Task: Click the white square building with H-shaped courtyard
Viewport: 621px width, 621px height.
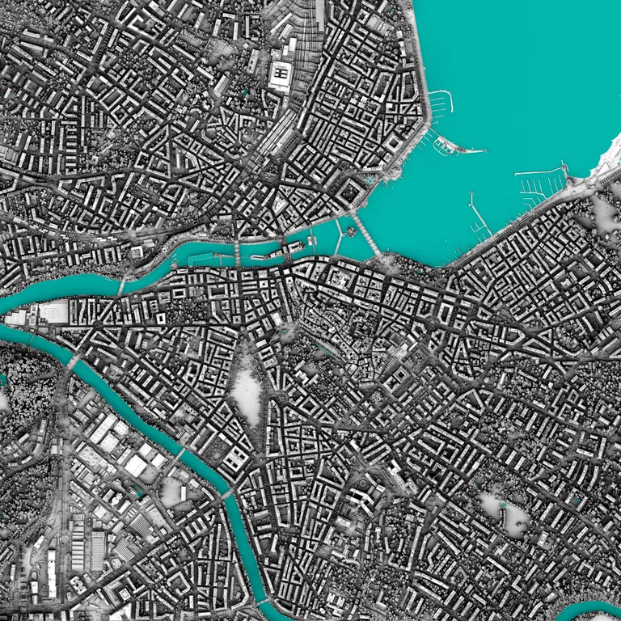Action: [280, 74]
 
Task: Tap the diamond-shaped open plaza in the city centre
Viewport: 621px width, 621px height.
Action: [247, 393]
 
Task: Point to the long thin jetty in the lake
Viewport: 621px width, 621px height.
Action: [479, 213]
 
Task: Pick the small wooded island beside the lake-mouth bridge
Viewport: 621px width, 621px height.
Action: [352, 231]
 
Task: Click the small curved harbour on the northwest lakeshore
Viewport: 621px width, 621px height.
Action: [439, 103]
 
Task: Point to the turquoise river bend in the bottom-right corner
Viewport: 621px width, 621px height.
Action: [590, 611]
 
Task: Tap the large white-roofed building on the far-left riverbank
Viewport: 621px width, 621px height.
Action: [53, 311]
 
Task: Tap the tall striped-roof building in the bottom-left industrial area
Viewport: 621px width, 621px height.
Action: [97, 550]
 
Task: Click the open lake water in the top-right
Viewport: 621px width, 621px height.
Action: [526, 73]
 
